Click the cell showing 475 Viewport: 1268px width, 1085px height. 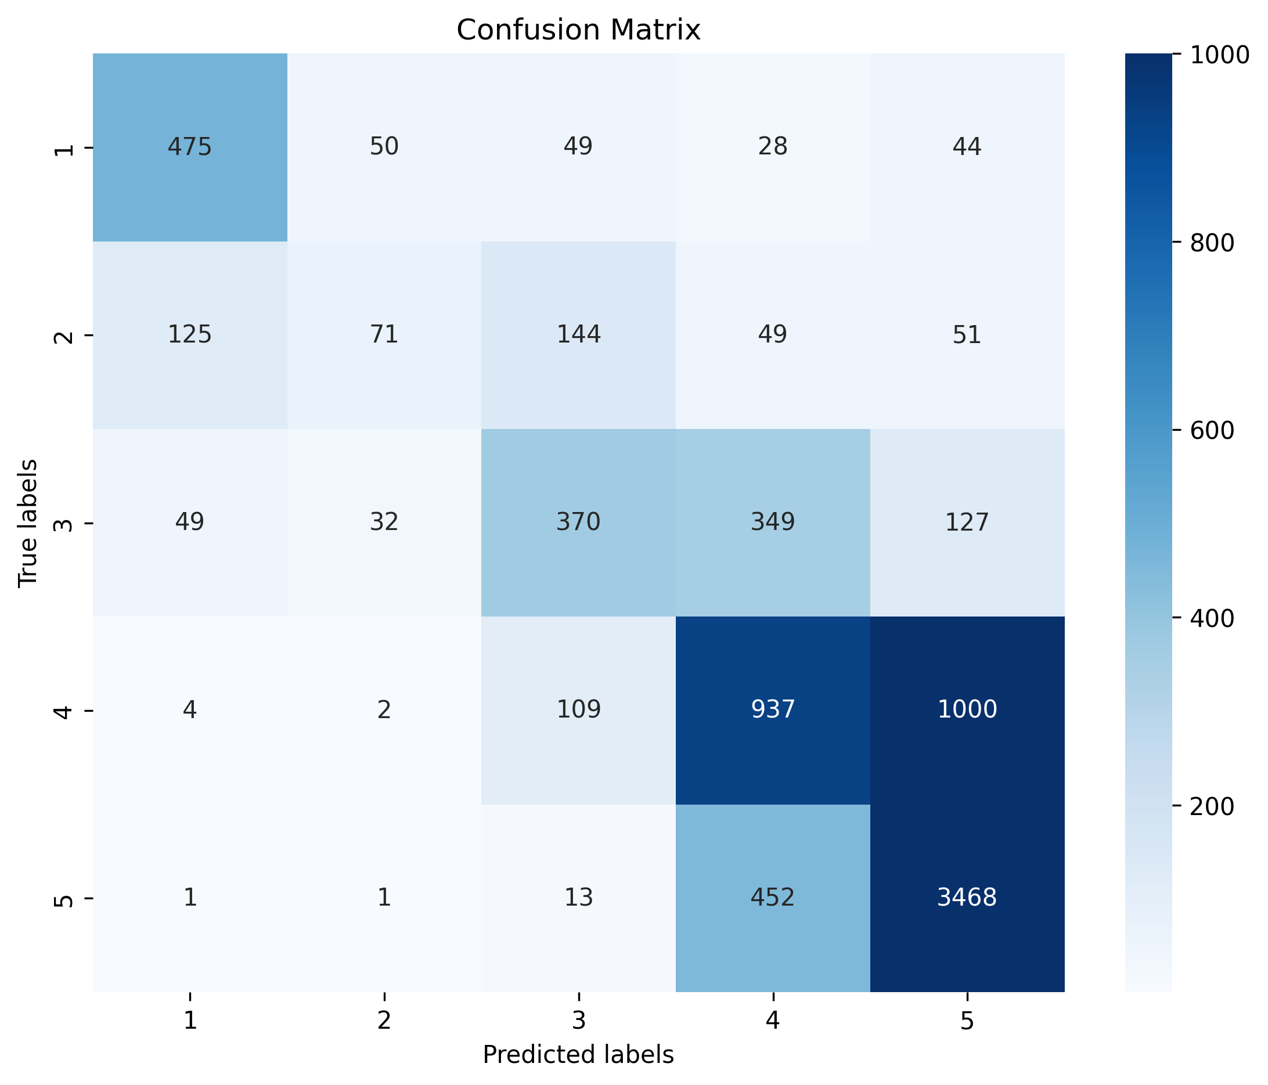[190, 147]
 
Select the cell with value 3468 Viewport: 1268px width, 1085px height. [967, 897]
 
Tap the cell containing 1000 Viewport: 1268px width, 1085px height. [967, 709]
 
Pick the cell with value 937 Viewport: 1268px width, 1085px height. [773, 709]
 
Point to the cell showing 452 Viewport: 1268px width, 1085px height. [773, 897]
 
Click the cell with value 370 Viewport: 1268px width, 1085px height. [578, 522]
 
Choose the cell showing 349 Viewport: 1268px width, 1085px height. [773, 522]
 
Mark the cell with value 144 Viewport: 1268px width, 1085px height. [578, 335]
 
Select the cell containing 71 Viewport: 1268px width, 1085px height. [384, 335]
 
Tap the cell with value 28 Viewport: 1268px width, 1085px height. [773, 147]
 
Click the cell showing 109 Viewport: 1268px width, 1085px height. [578, 709]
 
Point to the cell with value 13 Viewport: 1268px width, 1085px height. [578, 897]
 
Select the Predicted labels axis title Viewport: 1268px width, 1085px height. [578, 1055]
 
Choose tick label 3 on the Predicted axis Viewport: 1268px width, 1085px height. [578, 1021]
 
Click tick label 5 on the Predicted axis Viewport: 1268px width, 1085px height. [967, 1021]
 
